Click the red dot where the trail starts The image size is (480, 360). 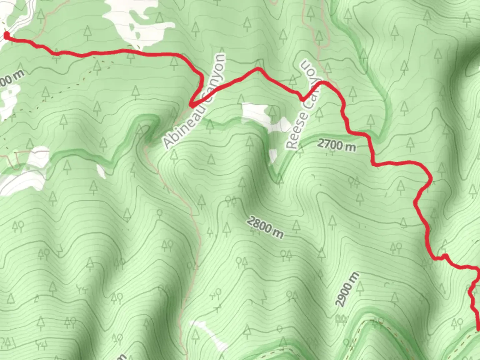click(x=6, y=34)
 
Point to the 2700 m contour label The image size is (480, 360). click(x=336, y=145)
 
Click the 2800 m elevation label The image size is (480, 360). click(x=265, y=227)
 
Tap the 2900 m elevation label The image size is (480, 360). click(x=347, y=289)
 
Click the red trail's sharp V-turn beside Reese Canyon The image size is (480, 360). click(x=303, y=99)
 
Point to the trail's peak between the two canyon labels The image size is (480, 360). click(x=258, y=69)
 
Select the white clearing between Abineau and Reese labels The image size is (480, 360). click(x=263, y=115)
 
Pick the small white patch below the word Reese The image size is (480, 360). click(x=273, y=156)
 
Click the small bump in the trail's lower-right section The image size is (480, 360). click(x=444, y=256)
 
